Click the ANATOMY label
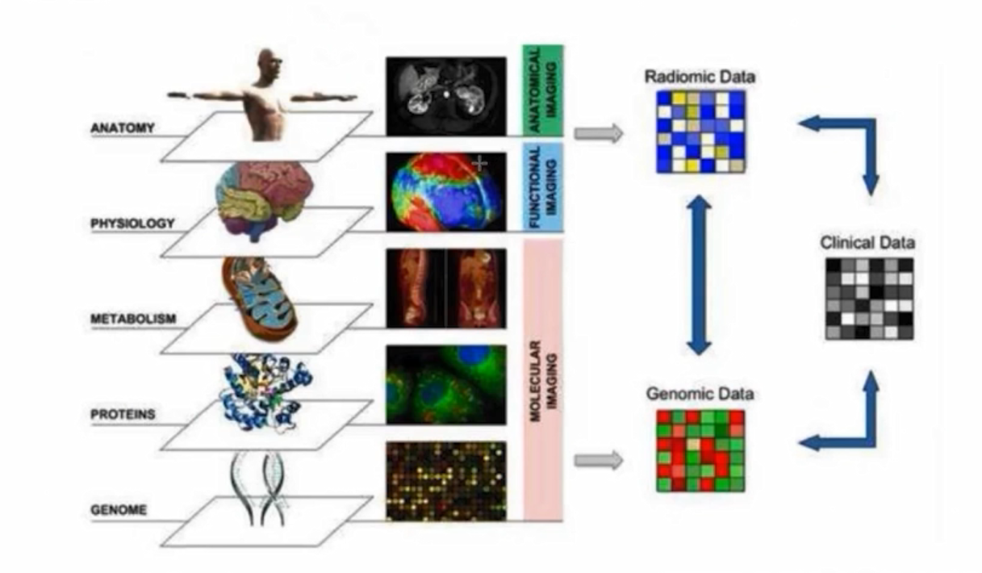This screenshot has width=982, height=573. (x=123, y=128)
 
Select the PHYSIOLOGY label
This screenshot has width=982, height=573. (x=132, y=223)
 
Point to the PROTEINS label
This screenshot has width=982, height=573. (x=123, y=415)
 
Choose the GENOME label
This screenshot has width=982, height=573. (x=120, y=510)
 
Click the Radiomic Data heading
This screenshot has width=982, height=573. (x=700, y=77)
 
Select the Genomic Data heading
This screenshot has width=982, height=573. (x=700, y=394)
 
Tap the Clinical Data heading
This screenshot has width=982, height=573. (x=867, y=242)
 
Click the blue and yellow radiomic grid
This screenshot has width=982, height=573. (x=700, y=131)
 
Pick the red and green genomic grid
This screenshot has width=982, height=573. (x=700, y=450)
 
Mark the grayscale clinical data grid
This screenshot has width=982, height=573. (x=869, y=298)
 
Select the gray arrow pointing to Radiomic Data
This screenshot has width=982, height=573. (x=599, y=133)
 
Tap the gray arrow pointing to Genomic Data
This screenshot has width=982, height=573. (x=599, y=460)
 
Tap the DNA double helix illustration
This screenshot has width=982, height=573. (x=263, y=488)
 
